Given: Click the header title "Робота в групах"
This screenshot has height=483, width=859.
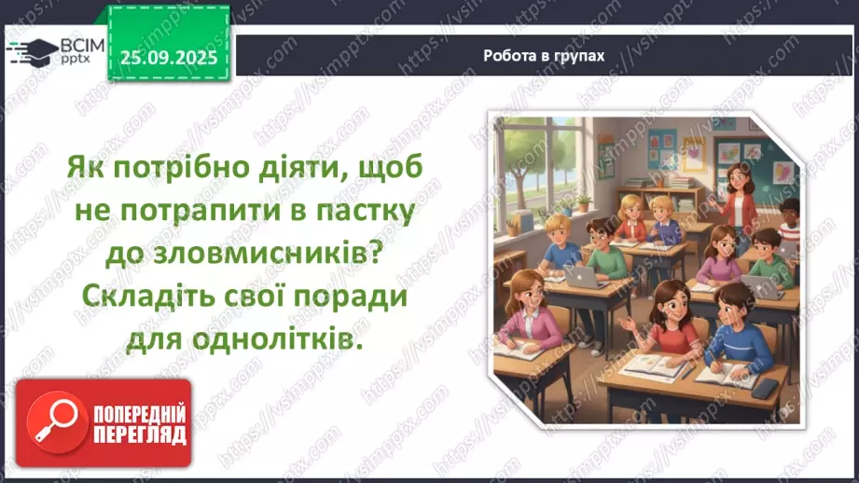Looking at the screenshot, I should click(x=544, y=55).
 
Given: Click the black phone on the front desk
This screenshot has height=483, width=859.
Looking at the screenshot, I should click(x=765, y=386).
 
